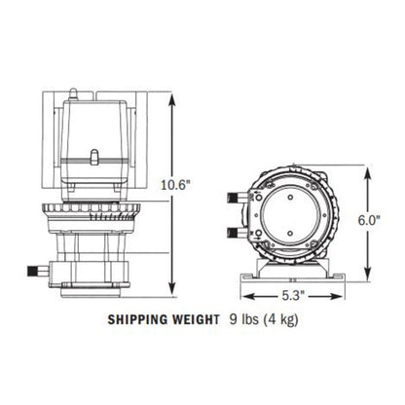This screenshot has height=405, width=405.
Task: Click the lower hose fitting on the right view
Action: coord(233,233)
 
